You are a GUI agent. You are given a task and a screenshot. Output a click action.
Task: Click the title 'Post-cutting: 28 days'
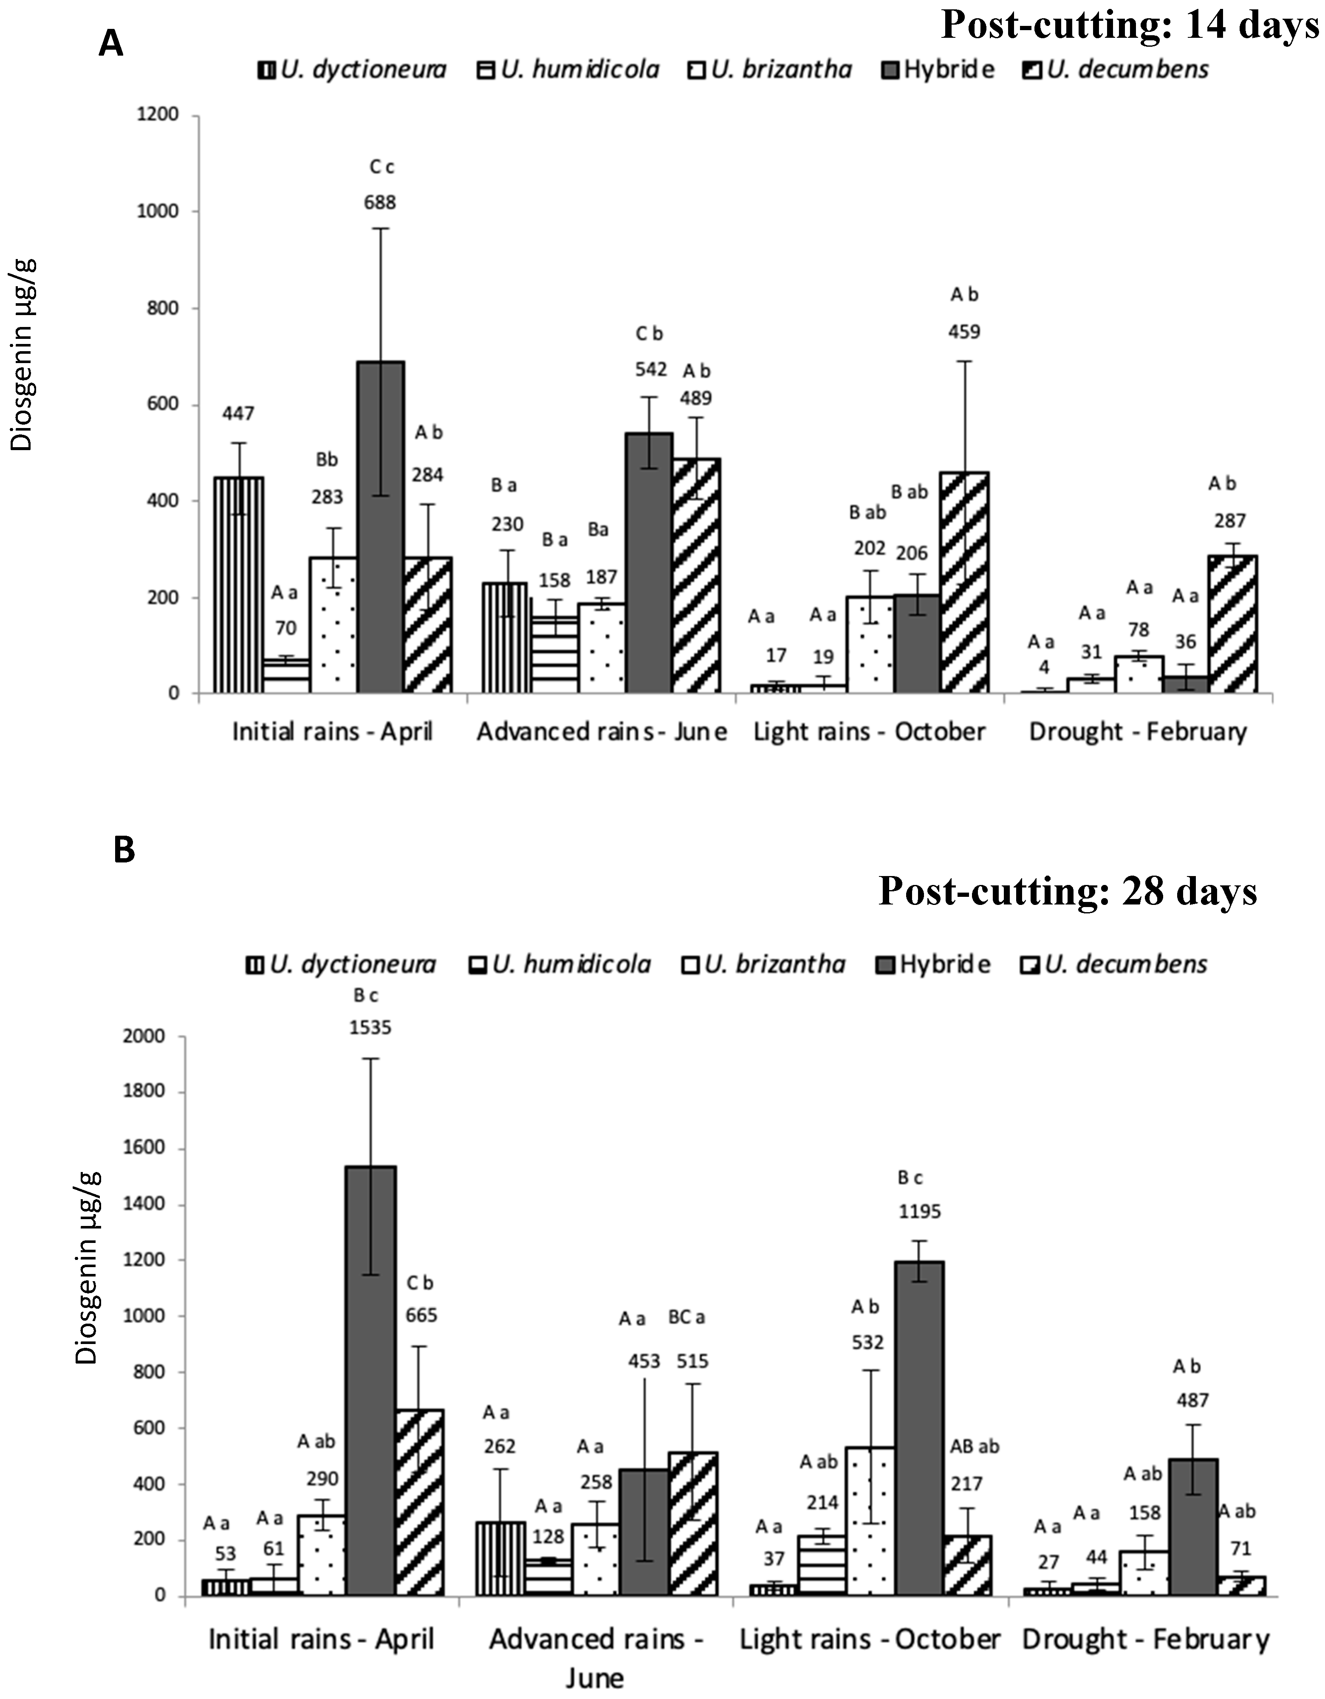click(1068, 891)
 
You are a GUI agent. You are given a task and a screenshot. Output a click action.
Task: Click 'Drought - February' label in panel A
click(1138, 732)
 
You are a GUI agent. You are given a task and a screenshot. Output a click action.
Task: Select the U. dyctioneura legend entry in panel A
click(353, 70)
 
